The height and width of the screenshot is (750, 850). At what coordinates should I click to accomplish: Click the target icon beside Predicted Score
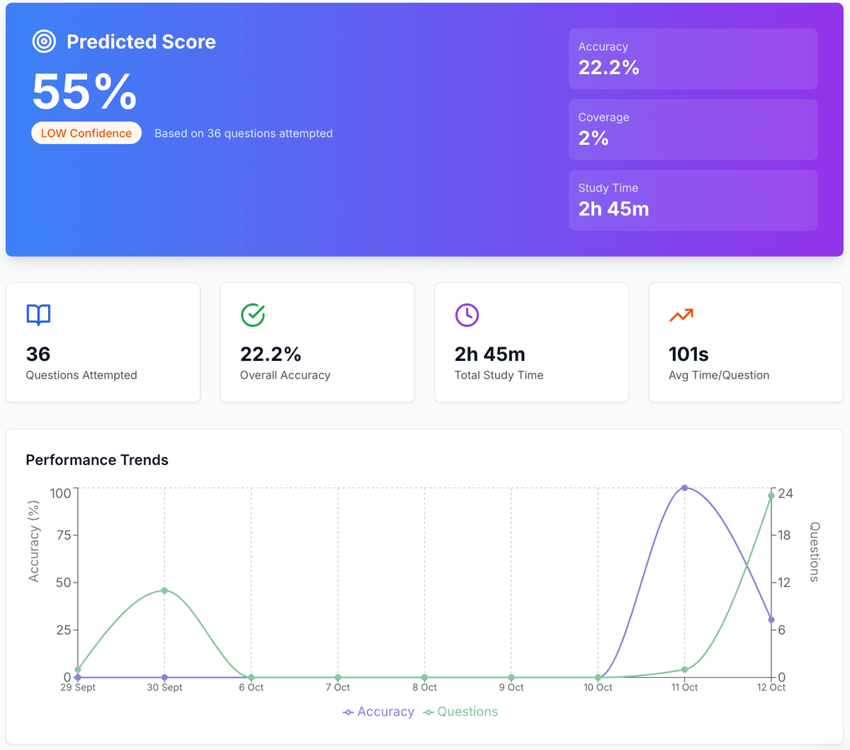click(x=44, y=42)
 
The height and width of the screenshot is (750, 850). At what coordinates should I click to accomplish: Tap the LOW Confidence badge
click(x=86, y=133)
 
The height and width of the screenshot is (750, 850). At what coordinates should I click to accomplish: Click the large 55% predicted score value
click(x=85, y=92)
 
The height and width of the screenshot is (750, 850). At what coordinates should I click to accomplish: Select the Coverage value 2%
click(x=594, y=138)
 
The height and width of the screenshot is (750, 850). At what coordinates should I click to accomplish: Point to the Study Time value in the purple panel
click(x=613, y=209)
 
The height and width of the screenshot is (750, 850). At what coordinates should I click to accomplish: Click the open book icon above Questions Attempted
click(x=38, y=315)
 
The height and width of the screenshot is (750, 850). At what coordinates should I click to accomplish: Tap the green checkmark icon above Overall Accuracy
click(x=253, y=315)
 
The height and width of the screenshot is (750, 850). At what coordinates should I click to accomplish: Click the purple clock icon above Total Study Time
click(x=467, y=315)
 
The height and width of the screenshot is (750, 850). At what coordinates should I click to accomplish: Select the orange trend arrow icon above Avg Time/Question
click(x=681, y=315)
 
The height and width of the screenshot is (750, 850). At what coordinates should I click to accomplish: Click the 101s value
click(x=688, y=354)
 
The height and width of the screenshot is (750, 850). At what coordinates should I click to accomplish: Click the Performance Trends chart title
click(x=97, y=460)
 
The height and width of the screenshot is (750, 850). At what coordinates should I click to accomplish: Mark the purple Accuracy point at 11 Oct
click(x=684, y=488)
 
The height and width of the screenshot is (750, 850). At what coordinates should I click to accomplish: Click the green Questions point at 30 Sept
click(x=164, y=591)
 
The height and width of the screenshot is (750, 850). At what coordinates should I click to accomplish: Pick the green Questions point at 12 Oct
click(x=771, y=496)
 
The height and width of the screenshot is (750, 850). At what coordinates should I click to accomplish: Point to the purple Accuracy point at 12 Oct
click(x=771, y=620)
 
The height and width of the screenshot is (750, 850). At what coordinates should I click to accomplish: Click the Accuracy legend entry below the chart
click(x=379, y=712)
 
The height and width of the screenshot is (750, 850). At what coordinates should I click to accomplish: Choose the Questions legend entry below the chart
click(x=461, y=712)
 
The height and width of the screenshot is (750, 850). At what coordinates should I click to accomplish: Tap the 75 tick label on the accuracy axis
click(x=64, y=535)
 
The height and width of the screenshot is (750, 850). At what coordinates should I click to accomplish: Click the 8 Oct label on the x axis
click(x=424, y=688)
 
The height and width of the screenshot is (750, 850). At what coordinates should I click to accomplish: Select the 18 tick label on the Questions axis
click(x=784, y=535)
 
